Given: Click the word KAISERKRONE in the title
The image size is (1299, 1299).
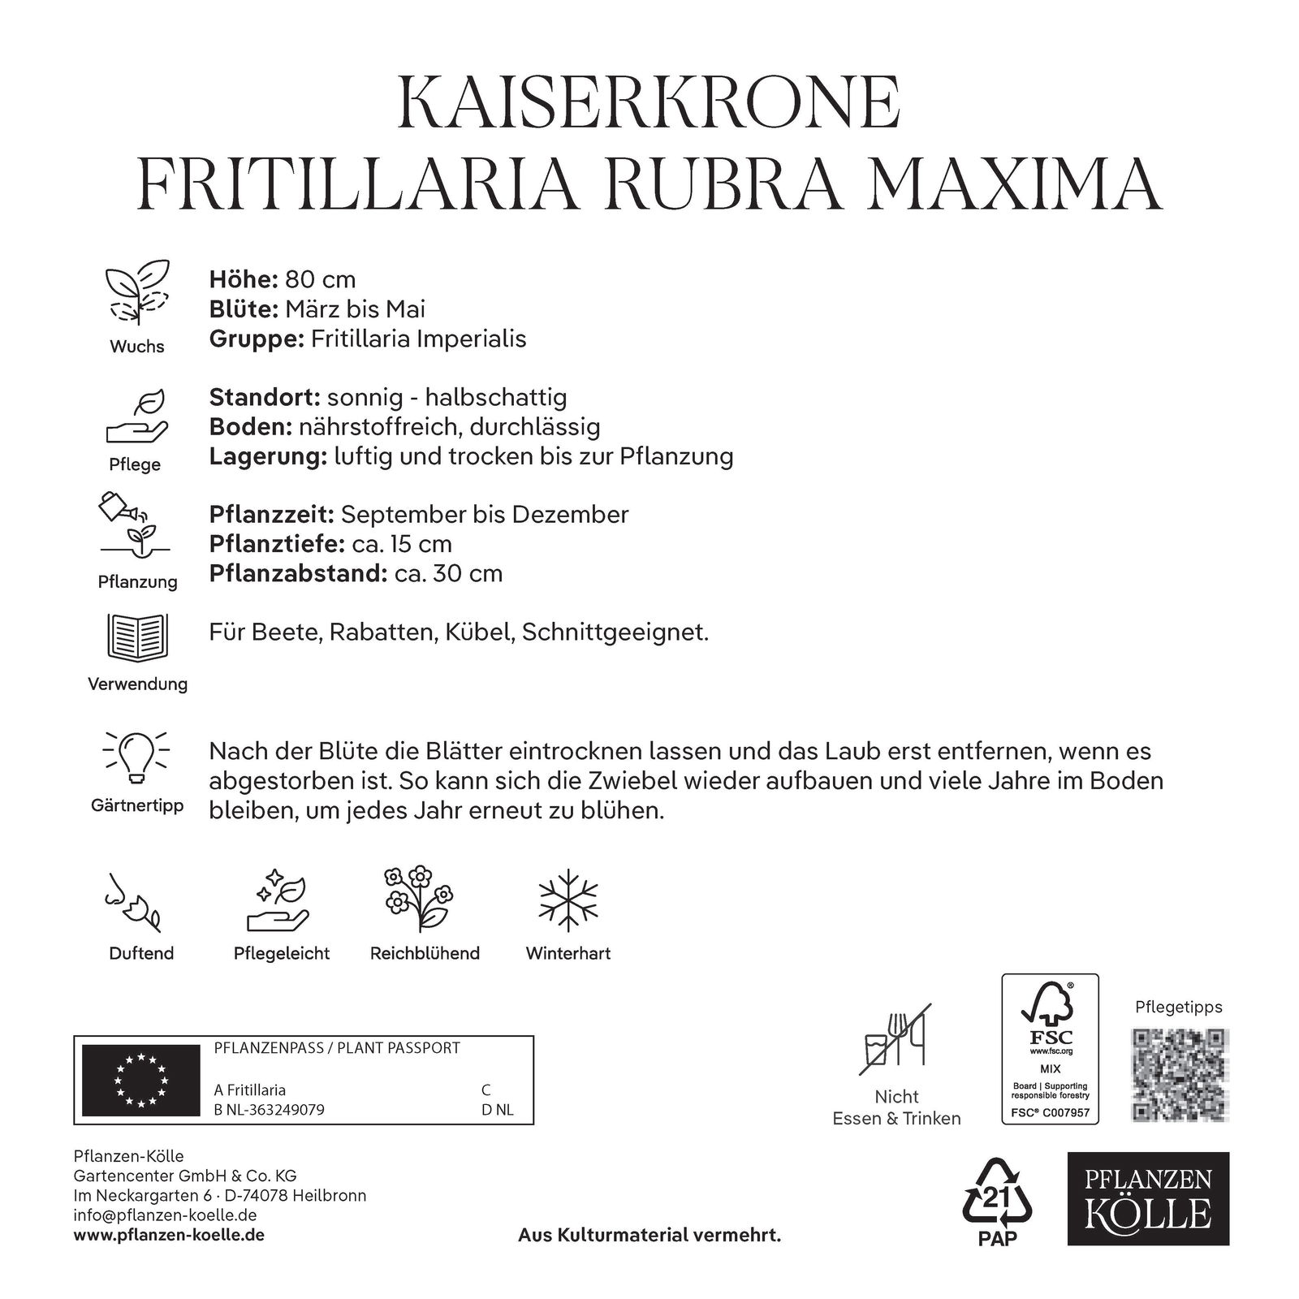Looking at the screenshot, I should tap(649, 103).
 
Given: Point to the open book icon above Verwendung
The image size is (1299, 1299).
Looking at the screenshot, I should tap(137, 637).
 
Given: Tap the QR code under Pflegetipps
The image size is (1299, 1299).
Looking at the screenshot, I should tap(1179, 1074).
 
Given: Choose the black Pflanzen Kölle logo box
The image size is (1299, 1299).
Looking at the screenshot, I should tap(1148, 1198).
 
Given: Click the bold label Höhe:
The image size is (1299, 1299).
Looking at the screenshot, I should tap(244, 279).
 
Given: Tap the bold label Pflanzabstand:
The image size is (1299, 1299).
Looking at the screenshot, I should tap(297, 573).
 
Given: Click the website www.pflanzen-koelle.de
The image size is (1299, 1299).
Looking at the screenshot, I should tap(169, 1235).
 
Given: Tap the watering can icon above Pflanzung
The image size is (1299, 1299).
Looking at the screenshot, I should tap(119, 507).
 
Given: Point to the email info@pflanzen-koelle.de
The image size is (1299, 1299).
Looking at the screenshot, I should tap(165, 1215).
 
